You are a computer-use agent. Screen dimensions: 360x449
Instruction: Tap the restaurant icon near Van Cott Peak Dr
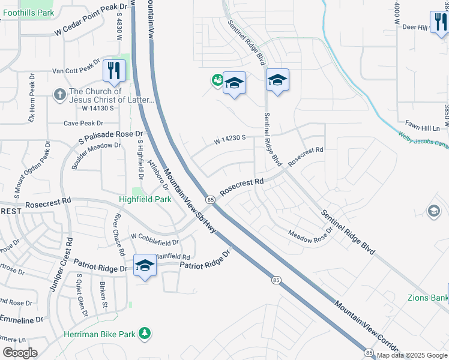coord(112,71)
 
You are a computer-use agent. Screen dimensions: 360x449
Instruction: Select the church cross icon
coord(59,95)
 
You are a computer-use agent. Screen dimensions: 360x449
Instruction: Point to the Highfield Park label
coord(145,199)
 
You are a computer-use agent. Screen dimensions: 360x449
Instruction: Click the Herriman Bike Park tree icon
coord(144,332)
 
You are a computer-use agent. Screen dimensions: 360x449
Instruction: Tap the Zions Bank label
coord(427,298)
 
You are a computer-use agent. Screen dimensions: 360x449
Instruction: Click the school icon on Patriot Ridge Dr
coord(145,265)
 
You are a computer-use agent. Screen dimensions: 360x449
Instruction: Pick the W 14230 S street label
coord(231,140)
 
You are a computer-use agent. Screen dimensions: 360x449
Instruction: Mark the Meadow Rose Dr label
coord(310,236)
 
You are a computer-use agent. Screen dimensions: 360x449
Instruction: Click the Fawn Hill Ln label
coord(422,128)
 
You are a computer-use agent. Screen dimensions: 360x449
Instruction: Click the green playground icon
coord(215,79)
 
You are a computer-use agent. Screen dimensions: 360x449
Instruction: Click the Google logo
coord(20,353)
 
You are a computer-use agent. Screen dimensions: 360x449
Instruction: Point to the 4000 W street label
coord(396,12)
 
